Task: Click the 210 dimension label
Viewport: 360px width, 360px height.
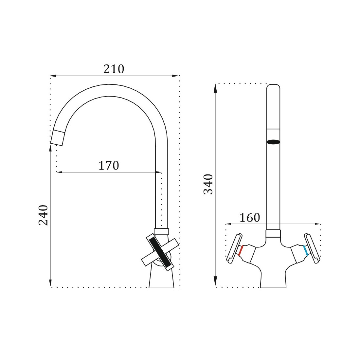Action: (x=114, y=69)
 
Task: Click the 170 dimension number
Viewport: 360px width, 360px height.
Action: (x=109, y=166)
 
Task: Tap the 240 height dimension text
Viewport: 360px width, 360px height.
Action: (x=43, y=215)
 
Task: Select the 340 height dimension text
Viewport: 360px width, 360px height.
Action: (x=208, y=184)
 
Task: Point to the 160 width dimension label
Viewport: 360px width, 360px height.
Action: (x=250, y=218)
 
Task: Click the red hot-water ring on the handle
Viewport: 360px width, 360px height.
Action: (x=241, y=251)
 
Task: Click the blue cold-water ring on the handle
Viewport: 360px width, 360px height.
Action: (x=306, y=250)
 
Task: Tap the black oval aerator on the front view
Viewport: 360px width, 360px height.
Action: (x=273, y=142)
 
